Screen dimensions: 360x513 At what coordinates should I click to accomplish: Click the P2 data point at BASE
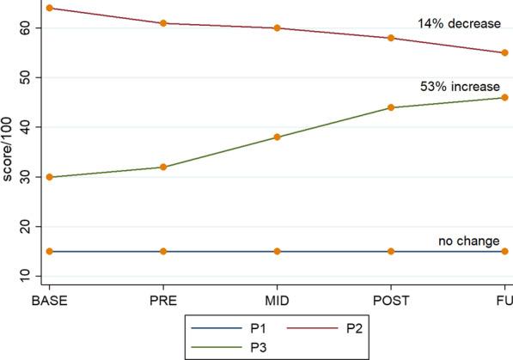pos(50,8)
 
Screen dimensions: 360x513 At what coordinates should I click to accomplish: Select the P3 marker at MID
pos(277,137)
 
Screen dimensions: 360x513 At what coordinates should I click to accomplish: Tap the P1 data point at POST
pos(391,252)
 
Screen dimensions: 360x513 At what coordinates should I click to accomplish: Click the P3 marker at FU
pos(504,98)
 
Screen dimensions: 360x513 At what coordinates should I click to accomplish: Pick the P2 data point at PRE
pos(163,23)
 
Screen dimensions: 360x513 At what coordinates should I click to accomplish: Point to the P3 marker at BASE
pos(50,177)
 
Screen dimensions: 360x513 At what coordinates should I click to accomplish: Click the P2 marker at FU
pos(504,52)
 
